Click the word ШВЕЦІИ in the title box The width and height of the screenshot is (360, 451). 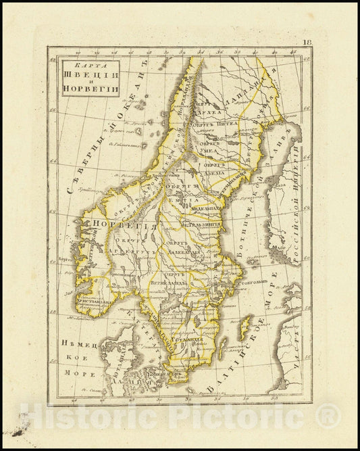[91, 75]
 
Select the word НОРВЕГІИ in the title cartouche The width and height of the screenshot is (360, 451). [91, 89]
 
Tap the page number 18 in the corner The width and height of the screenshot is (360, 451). [307, 42]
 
